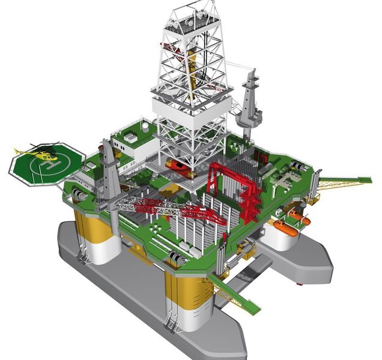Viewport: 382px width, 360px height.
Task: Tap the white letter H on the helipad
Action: point(50,166)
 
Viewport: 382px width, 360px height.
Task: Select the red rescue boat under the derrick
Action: point(177,167)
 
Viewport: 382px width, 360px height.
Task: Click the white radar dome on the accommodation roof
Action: point(145,127)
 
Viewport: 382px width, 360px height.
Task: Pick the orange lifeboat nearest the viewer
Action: point(285,229)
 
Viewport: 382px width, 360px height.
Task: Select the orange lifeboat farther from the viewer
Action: point(300,217)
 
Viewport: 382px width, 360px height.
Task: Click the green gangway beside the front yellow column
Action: point(234,292)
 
